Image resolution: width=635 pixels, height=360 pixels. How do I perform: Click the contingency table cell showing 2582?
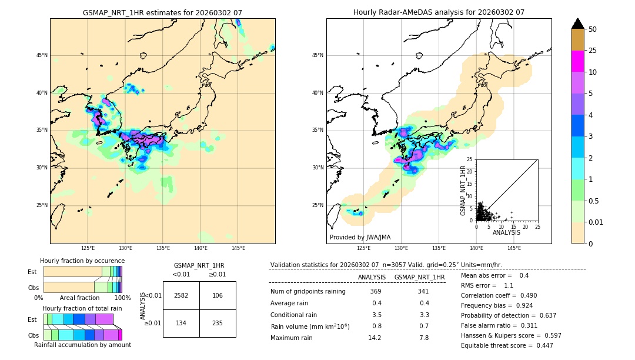point(181,295)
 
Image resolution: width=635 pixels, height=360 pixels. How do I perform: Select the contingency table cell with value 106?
point(218,295)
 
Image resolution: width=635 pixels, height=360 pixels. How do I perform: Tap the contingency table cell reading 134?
point(181,322)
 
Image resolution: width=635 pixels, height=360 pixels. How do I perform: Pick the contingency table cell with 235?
point(218,322)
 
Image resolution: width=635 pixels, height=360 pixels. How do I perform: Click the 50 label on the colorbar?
point(593,29)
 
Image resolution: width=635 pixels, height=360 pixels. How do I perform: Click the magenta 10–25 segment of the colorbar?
point(577,61)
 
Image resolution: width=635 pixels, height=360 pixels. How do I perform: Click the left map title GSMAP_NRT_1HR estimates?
point(162,12)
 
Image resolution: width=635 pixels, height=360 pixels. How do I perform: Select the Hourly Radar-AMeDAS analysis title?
point(439,12)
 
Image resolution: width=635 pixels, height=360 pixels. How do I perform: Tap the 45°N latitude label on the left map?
point(42,55)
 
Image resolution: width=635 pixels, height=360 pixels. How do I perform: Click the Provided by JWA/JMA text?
point(360,238)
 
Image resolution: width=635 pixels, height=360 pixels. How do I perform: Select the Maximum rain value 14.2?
point(375,338)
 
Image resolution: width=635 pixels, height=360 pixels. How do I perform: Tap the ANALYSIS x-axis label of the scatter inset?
point(506,233)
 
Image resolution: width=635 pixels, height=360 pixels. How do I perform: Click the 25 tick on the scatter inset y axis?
point(469,159)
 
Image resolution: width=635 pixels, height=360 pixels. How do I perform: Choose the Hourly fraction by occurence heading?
point(82,261)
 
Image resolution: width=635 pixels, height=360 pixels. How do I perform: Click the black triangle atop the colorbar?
point(577,24)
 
